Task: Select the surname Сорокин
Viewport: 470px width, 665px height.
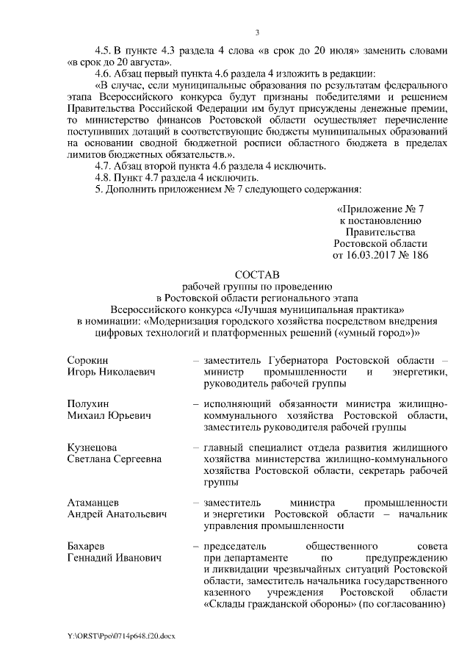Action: (x=87, y=361)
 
